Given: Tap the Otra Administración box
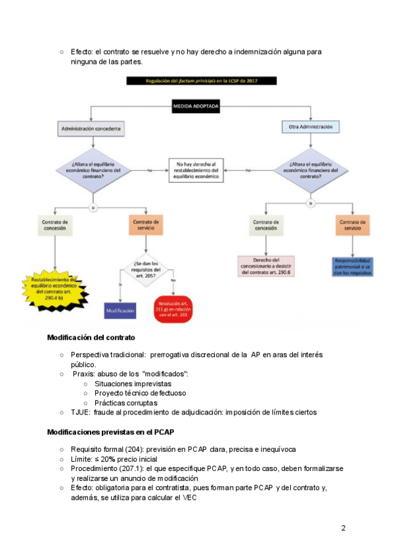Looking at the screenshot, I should (311, 126).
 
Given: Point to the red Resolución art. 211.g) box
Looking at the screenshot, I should (173, 307).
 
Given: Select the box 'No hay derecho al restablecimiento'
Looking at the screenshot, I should (195, 170).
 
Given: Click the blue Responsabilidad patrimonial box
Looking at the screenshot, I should (353, 265).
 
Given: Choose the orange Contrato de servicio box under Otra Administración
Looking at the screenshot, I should (353, 225).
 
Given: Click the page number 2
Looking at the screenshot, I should (343, 528).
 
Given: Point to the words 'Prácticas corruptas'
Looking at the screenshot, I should (125, 402).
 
